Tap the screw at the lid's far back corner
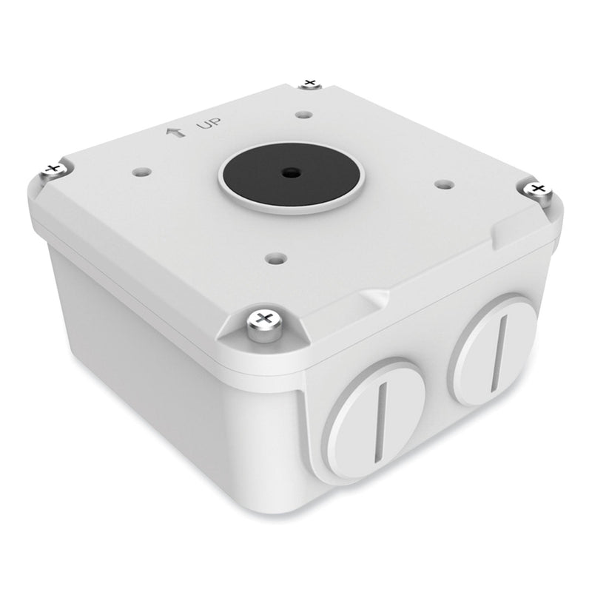click(x=310, y=83)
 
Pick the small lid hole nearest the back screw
click(x=303, y=115)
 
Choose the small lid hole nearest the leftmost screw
click(x=140, y=171)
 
